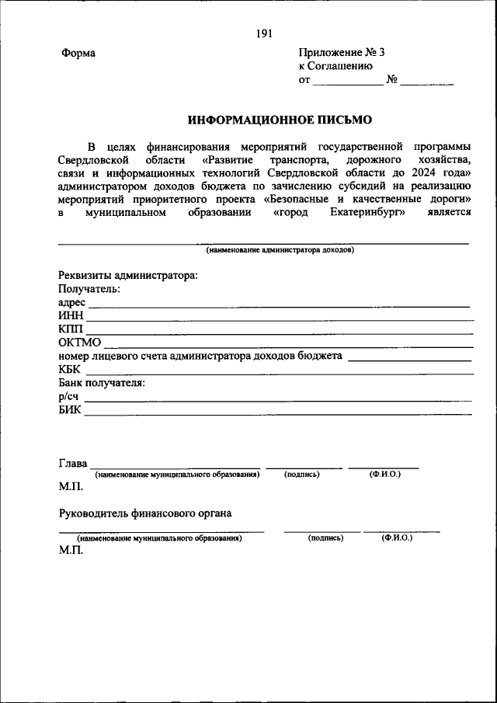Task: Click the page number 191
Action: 263,33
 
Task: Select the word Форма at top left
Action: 78,54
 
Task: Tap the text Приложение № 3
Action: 341,53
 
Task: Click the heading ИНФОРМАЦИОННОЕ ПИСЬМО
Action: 280,120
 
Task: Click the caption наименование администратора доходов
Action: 280,251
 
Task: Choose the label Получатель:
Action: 89,288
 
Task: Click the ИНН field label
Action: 71,315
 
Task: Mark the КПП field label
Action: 71,329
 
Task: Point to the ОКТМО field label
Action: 80,343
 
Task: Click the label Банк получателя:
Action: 102,383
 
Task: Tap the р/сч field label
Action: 68,396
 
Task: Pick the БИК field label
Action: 70,410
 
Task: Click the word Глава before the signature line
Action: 73,464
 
